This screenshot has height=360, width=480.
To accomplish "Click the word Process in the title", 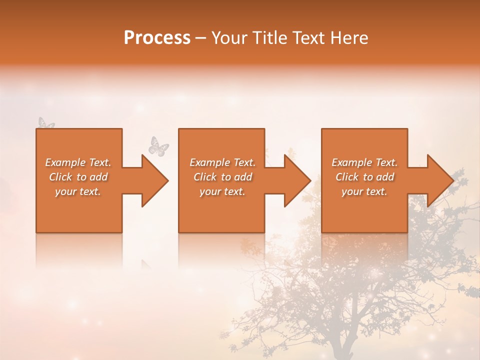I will click(157, 38).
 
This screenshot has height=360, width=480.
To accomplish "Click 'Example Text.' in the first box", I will click(78, 162).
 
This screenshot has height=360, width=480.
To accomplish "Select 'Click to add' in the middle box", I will click(222, 177).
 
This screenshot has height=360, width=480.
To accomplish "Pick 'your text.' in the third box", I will click(364, 191).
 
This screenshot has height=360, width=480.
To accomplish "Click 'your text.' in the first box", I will click(78, 191).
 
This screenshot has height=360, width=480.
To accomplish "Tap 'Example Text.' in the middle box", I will click(222, 162).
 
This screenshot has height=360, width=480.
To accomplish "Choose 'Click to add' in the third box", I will click(364, 177).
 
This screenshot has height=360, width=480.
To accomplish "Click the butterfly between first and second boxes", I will click(159, 146).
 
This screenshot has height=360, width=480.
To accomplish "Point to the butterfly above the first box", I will click(46, 123).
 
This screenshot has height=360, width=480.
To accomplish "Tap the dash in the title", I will click(201, 38).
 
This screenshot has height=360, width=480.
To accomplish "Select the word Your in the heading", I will click(228, 38).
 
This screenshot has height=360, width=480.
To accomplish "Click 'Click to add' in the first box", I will click(78, 177).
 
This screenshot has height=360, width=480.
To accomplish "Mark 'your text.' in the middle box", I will click(222, 191).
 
